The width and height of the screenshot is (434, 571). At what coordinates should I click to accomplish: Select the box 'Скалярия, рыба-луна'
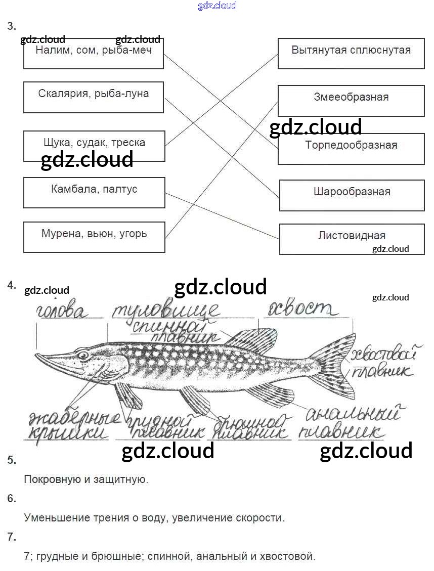94,97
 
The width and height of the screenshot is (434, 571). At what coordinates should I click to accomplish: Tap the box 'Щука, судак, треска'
94,146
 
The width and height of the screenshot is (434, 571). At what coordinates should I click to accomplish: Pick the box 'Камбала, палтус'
94,192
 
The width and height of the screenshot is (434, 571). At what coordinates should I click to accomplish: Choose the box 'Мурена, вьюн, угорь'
94,237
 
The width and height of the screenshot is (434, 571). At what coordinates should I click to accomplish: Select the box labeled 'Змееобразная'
351,100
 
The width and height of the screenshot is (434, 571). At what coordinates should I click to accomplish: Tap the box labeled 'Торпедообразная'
351,148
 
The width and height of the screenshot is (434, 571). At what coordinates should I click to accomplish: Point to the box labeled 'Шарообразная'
352,195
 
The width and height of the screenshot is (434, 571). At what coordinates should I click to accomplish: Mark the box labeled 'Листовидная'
352,239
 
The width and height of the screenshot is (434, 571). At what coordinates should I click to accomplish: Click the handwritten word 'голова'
62,312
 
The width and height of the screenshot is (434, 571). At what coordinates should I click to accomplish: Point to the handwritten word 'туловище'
165,310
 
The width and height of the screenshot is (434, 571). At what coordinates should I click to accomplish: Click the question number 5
12,460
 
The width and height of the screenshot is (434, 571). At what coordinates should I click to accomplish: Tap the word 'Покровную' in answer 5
49,479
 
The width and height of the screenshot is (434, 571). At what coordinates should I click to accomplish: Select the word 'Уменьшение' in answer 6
53,518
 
